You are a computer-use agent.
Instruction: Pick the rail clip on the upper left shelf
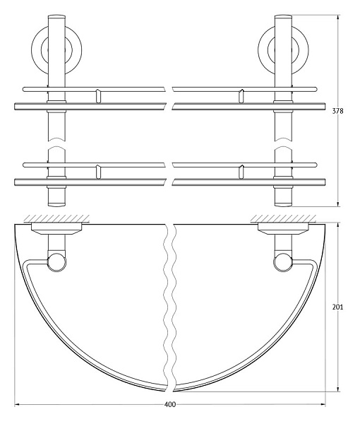[x=98, y=95]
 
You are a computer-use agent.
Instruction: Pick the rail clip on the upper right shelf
[x=242, y=95]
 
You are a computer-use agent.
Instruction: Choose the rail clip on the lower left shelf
[x=98, y=170]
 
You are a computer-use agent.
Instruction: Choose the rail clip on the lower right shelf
[x=242, y=170]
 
